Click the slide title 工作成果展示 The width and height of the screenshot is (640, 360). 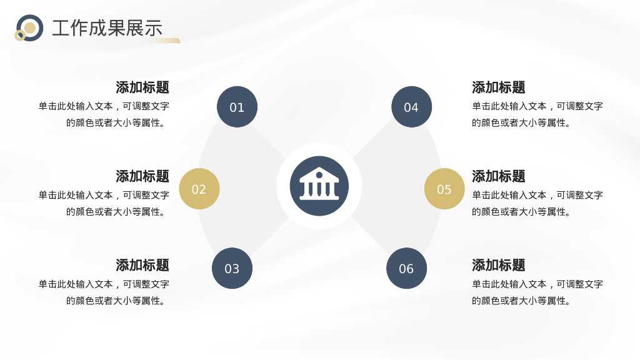(x=107, y=28)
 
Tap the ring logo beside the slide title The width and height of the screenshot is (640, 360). (x=29, y=28)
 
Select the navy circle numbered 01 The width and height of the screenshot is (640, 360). (x=237, y=107)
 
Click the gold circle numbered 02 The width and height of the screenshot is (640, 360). (x=199, y=189)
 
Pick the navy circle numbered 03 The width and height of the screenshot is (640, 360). (x=232, y=268)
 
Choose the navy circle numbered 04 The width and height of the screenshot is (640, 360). (x=411, y=107)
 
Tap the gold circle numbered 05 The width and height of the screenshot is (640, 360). (x=444, y=189)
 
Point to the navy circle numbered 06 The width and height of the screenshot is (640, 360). (x=406, y=268)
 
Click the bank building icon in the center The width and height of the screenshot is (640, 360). (x=319, y=186)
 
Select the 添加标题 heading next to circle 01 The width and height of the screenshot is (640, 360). (x=142, y=87)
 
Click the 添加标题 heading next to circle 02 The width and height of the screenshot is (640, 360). (x=142, y=176)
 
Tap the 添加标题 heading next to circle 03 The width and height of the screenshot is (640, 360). (x=142, y=265)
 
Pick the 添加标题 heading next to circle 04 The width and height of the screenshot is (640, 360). (x=499, y=87)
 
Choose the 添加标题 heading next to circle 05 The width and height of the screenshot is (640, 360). (x=499, y=176)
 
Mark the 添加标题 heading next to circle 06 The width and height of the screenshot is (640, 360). (x=499, y=265)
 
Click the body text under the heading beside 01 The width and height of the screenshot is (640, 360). (x=104, y=114)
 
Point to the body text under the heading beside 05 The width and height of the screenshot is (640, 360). (x=537, y=203)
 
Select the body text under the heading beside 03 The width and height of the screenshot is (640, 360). (x=104, y=292)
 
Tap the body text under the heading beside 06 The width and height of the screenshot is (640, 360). (x=537, y=292)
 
